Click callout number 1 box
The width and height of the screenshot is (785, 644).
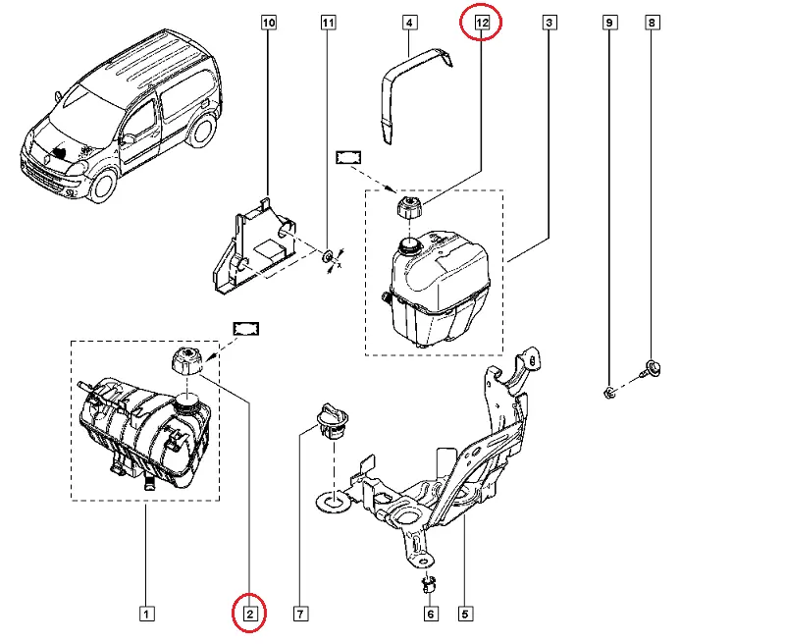click(144, 615)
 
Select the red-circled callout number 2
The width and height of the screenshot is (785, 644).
click(249, 615)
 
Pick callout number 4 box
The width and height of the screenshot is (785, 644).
click(410, 21)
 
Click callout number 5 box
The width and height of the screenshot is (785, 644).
click(466, 615)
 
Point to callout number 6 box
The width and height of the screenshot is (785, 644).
click(430, 615)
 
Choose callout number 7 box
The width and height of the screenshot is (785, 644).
click(301, 615)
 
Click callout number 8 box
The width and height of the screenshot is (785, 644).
click(653, 21)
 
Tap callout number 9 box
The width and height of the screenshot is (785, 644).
click(608, 21)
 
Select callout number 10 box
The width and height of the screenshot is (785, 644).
click(270, 21)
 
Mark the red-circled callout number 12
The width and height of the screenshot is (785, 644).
click(481, 21)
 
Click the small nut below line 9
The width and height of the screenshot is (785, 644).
click(608, 394)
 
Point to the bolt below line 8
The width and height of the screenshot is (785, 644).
click(653, 369)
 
